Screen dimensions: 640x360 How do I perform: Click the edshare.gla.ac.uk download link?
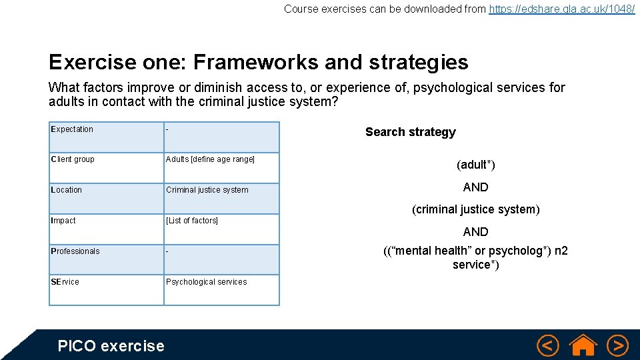(x=562, y=9)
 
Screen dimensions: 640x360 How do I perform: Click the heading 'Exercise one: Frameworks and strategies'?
(x=259, y=62)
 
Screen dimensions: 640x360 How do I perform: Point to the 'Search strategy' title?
(x=411, y=132)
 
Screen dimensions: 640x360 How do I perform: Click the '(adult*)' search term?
(x=476, y=165)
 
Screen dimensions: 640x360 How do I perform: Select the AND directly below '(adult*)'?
(x=476, y=187)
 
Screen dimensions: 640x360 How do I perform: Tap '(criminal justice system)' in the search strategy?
(x=476, y=209)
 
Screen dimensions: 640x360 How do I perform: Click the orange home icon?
(x=583, y=345)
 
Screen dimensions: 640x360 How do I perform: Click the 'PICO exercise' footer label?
(x=111, y=345)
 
